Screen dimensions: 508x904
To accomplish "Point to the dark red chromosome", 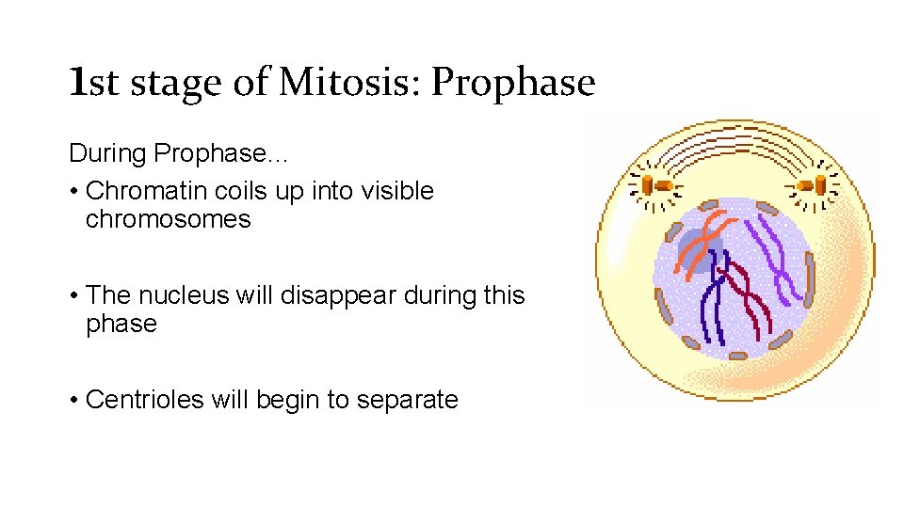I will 743,302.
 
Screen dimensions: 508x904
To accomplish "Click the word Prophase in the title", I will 513,83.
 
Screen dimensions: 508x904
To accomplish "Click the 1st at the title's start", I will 94,83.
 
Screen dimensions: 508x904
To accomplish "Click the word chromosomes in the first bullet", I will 168,220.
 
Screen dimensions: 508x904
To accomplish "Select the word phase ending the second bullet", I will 121,325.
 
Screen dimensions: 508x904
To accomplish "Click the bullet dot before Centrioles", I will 73,401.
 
